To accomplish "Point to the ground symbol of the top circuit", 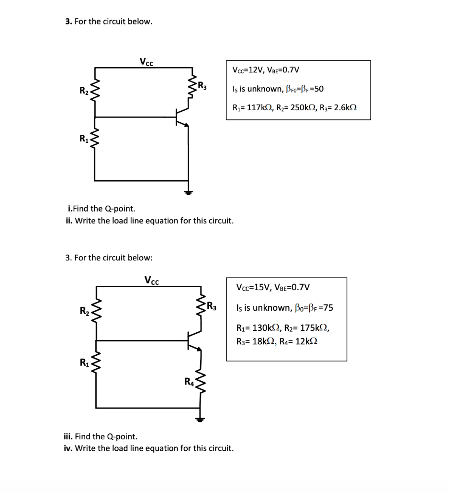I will pyautogui.click(x=188, y=192).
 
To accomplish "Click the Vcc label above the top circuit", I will pyautogui.click(x=146, y=61).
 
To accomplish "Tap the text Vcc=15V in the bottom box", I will pyautogui.click(x=252, y=288).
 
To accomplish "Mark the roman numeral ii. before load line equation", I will pyautogui.click(x=69, y=221).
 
